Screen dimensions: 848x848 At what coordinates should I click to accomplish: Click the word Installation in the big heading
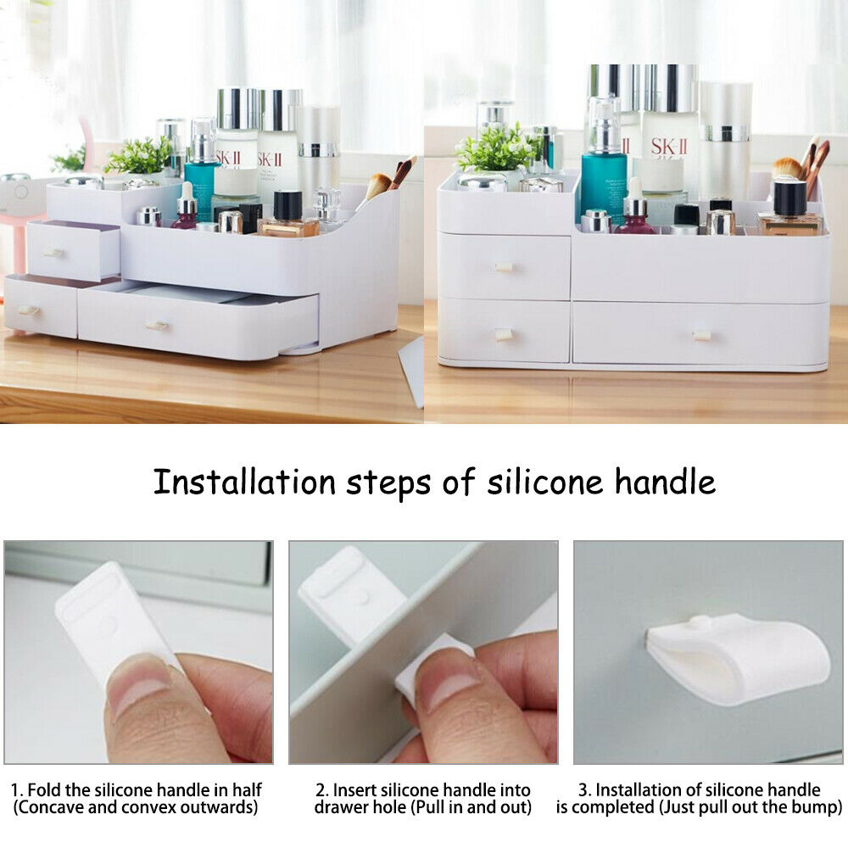point(244,482)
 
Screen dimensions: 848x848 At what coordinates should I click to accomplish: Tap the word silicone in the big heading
point(544,482)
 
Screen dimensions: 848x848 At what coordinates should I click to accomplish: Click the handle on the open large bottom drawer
point(157,326)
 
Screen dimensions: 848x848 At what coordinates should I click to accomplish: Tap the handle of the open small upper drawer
point(54,253)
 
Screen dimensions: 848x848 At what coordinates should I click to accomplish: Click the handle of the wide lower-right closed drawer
point(701,336)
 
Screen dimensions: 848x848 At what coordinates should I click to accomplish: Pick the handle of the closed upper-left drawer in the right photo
point(504,267)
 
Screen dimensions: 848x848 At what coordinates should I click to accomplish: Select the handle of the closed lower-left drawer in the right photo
point(504,335)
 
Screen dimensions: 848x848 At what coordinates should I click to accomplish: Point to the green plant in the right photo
point(495,148)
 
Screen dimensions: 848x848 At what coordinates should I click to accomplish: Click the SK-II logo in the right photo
point(669,147)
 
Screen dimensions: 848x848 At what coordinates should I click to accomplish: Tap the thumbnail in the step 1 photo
point(142,683)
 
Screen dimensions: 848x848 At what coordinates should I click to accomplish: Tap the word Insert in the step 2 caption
point(354,790)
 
